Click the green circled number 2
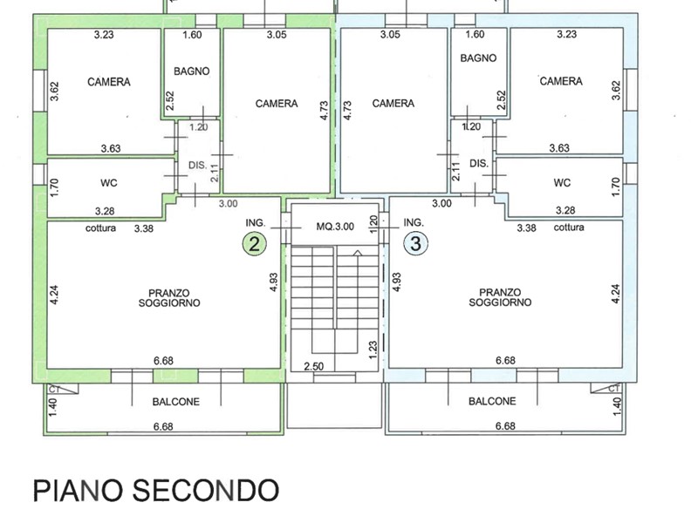click(x=254, y=244)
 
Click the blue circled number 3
click(x=415, y=244)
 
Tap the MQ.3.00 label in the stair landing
click(x=335, y=227)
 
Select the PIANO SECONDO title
click(x=156, y=491)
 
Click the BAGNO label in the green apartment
click(x=191, y=71)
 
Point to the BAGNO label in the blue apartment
click(x=478, y=58)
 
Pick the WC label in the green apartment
click(x=109, y=183)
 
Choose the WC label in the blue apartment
click(x=562, y=183)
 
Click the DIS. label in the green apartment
click(x=198, y=165)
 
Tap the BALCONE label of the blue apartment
click(x=492, y=401)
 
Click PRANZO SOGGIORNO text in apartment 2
click(x=169, y=298)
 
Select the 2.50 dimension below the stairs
click(x=314, y=366)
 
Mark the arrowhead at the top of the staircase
click(x=358, y=253)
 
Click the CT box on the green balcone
click(x=63, y=389)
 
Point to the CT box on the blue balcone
click(x=606, y=389)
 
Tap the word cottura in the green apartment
click(x=100, y=228)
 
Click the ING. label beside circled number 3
click(x=414, y=222)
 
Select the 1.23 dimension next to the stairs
click(x=373, y=350)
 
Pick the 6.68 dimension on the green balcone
click(x=163, y=426)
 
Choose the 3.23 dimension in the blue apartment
click(x=566, y=34)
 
